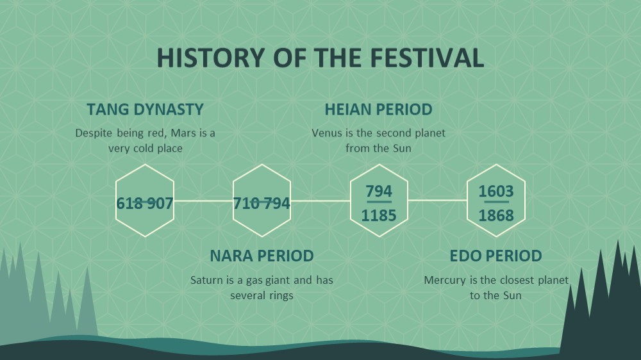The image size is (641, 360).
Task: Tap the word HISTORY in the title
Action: [211, 58]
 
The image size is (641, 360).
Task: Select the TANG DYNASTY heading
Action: [145, 110]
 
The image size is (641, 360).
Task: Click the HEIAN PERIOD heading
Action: [379, 110]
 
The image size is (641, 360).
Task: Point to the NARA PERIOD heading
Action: [262, 256]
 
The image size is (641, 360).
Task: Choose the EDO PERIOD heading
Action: [496, 256]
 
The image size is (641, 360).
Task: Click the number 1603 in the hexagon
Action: [496, 192]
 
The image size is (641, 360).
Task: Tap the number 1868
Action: [496, 215]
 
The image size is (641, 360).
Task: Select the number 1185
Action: [379, 215]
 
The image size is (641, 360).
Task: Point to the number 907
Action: [160, 204]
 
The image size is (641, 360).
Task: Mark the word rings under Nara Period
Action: [281, 296]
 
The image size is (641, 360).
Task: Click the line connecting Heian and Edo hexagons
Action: [437, 200]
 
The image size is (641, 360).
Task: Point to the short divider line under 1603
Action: [496, 202]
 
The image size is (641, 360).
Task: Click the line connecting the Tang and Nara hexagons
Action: [204, 201]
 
